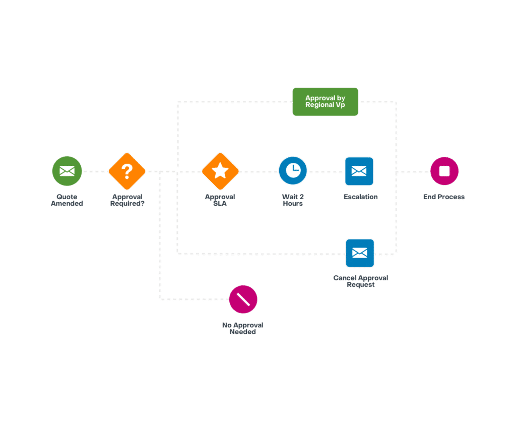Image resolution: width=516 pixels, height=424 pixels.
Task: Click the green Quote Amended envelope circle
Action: tap(67, 171)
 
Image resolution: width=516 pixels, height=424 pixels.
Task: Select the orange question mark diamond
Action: tap(127, 171)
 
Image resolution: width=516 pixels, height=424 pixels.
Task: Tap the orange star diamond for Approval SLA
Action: tap(220, 171)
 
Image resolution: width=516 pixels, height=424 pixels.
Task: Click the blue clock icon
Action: tap(293, 170)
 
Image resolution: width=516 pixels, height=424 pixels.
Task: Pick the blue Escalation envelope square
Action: tap(359, 171)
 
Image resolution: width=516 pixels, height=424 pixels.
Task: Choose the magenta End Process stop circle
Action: tap(444, 171)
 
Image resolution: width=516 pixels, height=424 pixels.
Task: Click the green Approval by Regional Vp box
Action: tap(325, 102)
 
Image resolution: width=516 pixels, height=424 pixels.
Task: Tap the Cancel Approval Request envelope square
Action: tap(360, 253)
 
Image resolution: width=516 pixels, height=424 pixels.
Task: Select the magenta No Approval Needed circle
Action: tap(243, 299)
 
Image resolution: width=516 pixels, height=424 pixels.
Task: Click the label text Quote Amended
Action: tap(67, 200)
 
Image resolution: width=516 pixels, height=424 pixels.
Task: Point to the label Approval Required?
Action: tap(127, 200)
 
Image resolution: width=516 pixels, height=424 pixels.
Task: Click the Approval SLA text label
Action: tap(220, 200)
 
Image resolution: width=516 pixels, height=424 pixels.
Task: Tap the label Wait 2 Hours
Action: tap(293, 200)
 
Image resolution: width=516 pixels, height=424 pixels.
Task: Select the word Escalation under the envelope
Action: tap(361, 197)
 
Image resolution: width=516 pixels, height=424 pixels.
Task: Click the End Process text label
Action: tap(444, 197)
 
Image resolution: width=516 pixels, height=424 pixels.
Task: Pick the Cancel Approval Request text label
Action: tap(361, 281)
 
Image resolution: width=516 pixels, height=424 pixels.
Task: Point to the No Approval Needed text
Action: tap(242, 329)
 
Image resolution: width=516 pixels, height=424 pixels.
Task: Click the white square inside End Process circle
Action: tap(444, 171)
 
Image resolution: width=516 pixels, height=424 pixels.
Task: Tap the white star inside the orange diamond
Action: tap(220, 170)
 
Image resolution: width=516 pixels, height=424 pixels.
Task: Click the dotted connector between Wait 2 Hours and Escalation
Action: tap(326, 171)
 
